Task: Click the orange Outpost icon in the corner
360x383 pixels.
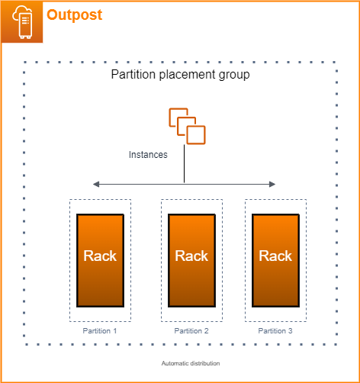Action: (x=21, y=21)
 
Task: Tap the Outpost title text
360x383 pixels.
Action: (x=74, y=14)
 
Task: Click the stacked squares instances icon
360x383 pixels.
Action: (x=188, y=126)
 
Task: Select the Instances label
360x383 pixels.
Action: (x=148, y=154)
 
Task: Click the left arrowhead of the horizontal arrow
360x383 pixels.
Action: (x=95, y=184)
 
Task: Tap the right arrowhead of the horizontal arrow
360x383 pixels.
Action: (x=272, y=184)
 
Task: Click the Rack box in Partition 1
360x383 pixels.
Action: (x=100, y=259)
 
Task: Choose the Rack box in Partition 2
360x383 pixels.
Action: (x=191, y=259)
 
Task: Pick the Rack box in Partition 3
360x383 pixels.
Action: (x=275, y=259)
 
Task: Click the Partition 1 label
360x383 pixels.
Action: (x=100, y=331)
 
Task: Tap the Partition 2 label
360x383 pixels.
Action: (x=191, y=331)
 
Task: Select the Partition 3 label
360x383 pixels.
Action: (x=275, y=331)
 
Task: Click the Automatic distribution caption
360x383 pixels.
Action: (x=191, y=363)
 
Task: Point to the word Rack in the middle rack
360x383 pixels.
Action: (x=191, y=256)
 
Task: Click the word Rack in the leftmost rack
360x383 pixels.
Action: (x=100, y=256)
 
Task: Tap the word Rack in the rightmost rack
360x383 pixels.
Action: (x=275, y=256)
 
